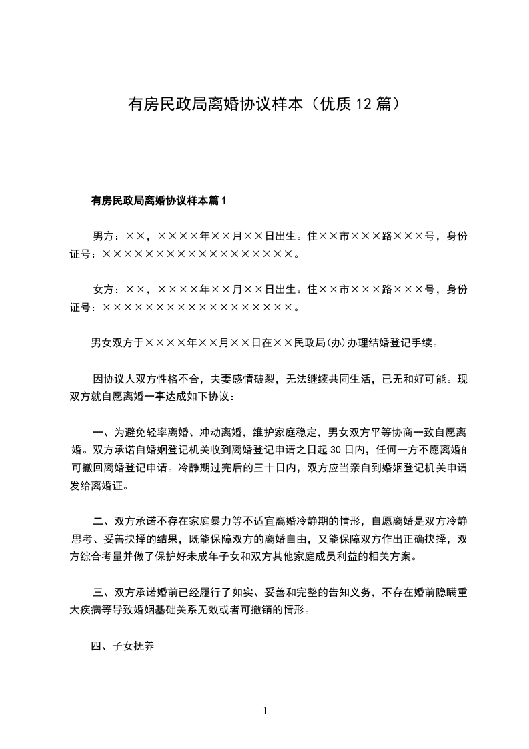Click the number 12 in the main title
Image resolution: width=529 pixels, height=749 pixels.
(x=366, y=104)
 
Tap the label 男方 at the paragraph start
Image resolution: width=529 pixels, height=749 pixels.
(x=103, y=236)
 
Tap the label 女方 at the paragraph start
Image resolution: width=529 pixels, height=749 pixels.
(x=103, y=289)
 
